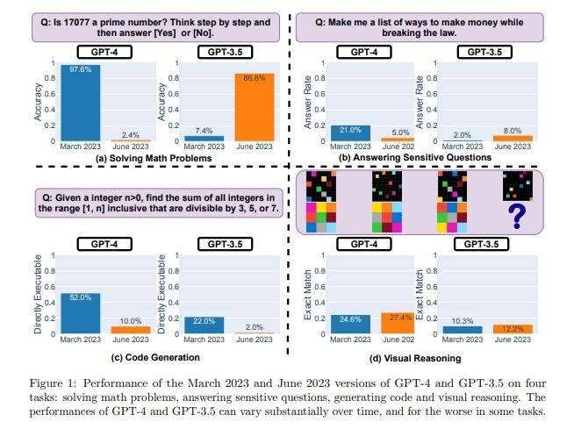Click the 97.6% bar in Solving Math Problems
(x=81, y=104)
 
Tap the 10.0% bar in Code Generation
(x=131, y=330)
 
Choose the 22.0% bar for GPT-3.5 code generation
(x=204, y=325)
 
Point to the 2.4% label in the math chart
(x=130, y=134)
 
